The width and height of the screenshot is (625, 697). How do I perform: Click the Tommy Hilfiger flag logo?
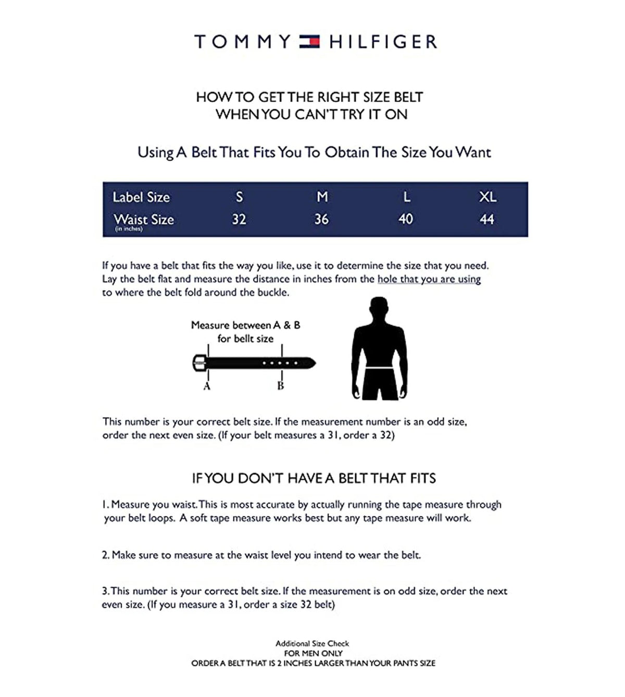point(309,42)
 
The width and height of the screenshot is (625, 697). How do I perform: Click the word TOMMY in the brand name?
point(242,42)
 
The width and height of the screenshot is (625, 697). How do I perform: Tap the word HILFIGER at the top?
point(383,42)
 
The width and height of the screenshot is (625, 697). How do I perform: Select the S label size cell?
point(239,197)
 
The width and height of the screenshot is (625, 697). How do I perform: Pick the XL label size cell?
point(488,197)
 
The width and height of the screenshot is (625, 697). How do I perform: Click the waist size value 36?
point(321,219)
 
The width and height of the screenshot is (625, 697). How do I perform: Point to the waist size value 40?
point(405,219)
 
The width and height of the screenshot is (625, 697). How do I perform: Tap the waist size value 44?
point(486,219)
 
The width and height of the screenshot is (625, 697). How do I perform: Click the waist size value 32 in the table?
point(239,219)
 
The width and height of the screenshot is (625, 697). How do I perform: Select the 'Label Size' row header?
point(141,197)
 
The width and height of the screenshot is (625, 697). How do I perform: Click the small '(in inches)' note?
point(128,229)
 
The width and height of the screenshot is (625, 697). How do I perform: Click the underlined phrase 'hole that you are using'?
point(429,279)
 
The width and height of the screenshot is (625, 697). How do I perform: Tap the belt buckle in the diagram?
point(199,363)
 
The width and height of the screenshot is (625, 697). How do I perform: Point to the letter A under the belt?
point(207,386)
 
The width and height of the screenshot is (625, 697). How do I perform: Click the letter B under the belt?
point(281,386)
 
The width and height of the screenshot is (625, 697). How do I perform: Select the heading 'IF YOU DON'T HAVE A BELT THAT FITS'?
point(314,478)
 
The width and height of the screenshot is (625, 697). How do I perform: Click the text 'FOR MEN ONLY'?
point(313,653)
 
